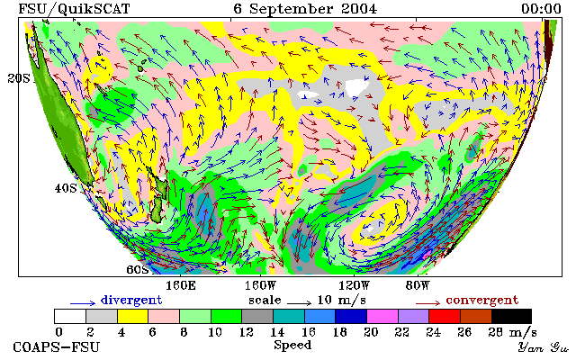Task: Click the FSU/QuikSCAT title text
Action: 74,9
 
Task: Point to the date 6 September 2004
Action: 306,9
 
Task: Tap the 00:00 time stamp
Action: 541,9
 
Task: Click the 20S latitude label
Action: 19,78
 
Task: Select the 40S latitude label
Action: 66,188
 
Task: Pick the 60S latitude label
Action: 138,269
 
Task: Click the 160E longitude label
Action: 181,286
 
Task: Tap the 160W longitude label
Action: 261,286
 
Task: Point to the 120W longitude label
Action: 354,286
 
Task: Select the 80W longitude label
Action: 418,286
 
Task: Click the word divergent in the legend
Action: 131,301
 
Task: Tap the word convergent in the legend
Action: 482,301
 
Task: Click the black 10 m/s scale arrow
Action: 299,302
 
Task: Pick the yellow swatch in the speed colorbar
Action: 133,316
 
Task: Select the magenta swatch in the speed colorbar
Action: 382,316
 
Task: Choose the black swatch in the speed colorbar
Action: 512,316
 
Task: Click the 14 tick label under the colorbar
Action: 277,332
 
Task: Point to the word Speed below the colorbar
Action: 292,346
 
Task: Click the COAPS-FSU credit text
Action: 57,346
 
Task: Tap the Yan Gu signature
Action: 544,347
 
